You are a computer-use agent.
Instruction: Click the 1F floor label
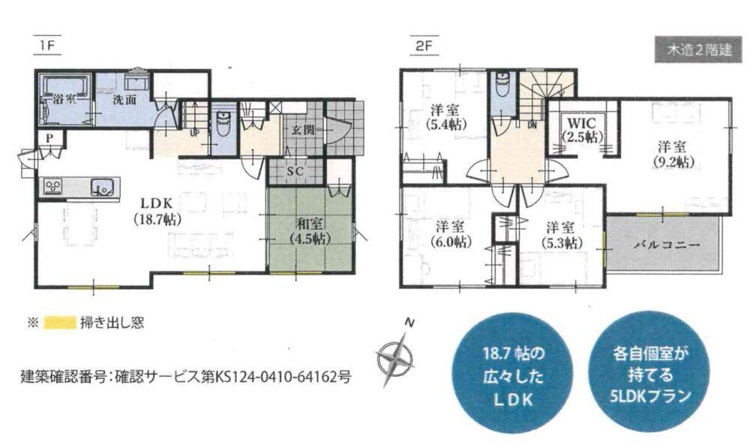47,46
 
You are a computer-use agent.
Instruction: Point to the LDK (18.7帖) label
157,211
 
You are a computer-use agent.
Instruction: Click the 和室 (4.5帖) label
309,230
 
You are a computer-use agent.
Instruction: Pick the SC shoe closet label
295,171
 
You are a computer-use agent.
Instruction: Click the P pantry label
49,138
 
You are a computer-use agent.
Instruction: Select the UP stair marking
194,134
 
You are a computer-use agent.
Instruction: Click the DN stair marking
532,125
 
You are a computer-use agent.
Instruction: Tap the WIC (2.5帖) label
581,129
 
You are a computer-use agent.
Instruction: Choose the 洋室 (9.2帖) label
671,154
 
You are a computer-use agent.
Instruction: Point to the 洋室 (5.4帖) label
445,117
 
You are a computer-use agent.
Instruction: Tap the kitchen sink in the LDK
103,187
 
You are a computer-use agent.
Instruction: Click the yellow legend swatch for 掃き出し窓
60,323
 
